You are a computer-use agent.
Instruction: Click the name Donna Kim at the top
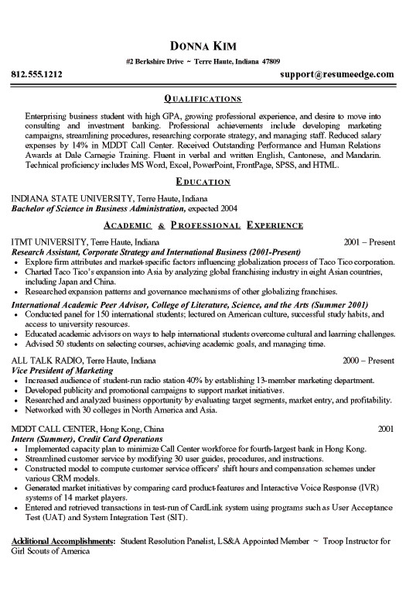coord(203,43)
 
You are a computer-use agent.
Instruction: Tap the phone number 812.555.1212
coord(37,75)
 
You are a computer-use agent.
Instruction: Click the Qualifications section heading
coord(203,99)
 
